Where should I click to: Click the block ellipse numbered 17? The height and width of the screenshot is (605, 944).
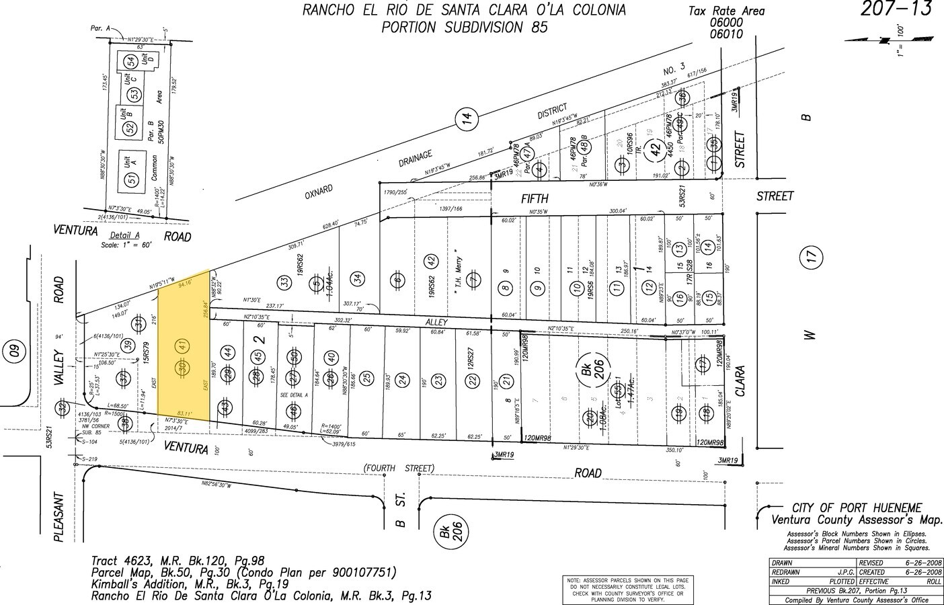pos(811,255)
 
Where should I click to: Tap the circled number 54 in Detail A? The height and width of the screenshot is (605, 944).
pos(130,61)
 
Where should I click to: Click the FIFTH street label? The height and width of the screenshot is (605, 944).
pos(535,198)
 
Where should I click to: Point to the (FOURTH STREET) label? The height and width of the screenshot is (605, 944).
pos(399,468)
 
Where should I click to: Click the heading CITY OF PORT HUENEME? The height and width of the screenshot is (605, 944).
pos(857,508)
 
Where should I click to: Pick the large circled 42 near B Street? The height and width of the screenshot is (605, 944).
pos(652,152)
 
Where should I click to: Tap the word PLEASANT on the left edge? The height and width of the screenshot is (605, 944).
pos(58,518)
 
